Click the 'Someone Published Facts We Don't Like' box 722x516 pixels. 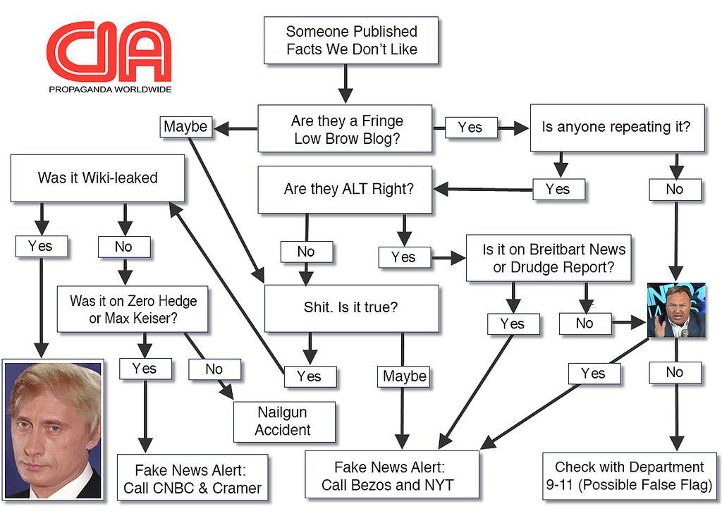[351, 40]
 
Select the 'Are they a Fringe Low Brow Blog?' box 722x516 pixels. [345, 129]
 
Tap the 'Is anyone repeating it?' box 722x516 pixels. [617, 128]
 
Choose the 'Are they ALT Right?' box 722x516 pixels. [345, 189]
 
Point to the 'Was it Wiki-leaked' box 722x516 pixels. [97, 178]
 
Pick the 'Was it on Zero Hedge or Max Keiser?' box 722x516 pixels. [133, 309]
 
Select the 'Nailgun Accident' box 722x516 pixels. [283, 421]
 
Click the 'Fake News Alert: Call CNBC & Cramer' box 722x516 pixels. [192, 479]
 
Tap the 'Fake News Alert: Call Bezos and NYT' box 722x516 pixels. [391, 475]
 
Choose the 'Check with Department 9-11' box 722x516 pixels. [629, 476]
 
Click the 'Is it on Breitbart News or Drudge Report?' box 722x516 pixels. [549, 258]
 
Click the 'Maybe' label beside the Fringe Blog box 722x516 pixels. [185, 127]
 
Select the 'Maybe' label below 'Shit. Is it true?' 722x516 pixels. [404, 376]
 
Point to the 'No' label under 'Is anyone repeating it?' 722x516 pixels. [675, 189]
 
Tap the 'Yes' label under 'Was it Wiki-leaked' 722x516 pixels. [41, 246]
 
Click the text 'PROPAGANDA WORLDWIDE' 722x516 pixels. [110, 90]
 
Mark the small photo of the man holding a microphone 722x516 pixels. [676, 310]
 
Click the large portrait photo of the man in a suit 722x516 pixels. [53, 429]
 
